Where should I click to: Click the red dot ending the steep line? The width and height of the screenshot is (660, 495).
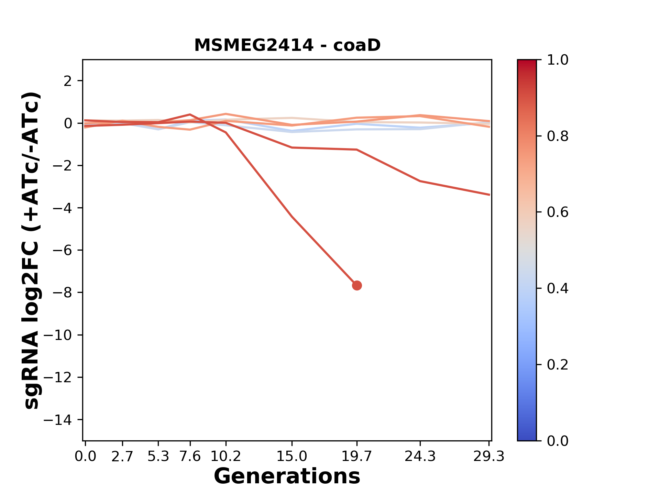[x=357, y=285]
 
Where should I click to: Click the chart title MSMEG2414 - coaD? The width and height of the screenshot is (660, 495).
[x=287, y=45]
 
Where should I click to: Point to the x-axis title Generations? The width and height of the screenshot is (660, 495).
[x=287, y=477]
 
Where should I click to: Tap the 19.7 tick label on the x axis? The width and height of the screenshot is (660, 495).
[x=357, y=456]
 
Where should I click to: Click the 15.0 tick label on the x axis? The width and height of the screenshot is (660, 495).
[x=291, y=456]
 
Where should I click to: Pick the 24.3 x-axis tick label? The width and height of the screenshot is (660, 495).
[x=420, y=456]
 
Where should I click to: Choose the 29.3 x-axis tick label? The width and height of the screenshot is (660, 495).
[x=489, y=456]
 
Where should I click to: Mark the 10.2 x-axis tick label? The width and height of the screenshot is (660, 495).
[x=225, y=456]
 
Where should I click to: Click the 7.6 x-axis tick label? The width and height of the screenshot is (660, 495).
[x=190, y=456]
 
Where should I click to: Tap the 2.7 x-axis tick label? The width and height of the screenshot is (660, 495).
[x=122, y=456]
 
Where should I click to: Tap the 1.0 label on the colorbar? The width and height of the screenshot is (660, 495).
[x=558, y=60]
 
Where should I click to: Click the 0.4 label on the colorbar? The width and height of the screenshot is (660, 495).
[x=558, y=288]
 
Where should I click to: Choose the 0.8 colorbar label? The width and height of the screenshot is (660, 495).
[x=558, y=136]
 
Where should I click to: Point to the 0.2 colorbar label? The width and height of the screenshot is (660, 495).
[x=558, y=365]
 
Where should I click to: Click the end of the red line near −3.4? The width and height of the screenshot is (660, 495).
[x=489, y=195]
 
